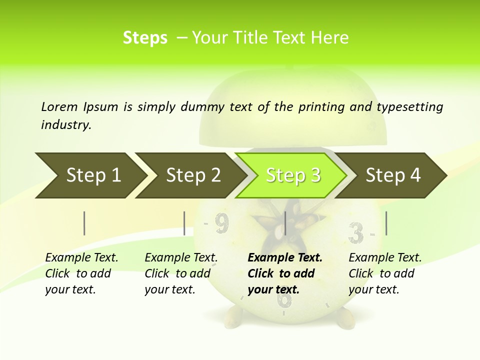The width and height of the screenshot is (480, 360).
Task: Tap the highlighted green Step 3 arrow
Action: (x=293, y=175)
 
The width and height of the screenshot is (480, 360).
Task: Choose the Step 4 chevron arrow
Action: (x=393, y=175)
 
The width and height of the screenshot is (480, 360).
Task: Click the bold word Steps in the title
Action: (x=145, y=38)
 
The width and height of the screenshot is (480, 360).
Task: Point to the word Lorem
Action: (x=59, y=106)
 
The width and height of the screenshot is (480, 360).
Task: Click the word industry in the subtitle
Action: (x=66, y=124)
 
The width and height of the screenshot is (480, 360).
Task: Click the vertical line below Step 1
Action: (x=84, y=223)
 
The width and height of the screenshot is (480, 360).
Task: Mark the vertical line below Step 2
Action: (x=184, y=223)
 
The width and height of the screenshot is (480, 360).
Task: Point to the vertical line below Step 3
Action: (x=285, y=223)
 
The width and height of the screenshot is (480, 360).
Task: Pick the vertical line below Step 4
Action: (x=386, y=223)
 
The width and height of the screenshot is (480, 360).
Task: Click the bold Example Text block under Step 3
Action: (x=285, y=273)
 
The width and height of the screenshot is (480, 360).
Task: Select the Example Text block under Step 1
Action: (x=81, y=273)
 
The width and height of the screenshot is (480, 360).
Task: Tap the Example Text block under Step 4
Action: (x=385, y=273)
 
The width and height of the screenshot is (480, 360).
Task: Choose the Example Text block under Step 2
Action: (x=181, y=273)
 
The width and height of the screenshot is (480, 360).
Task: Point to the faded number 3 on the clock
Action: (x=355, y=232)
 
